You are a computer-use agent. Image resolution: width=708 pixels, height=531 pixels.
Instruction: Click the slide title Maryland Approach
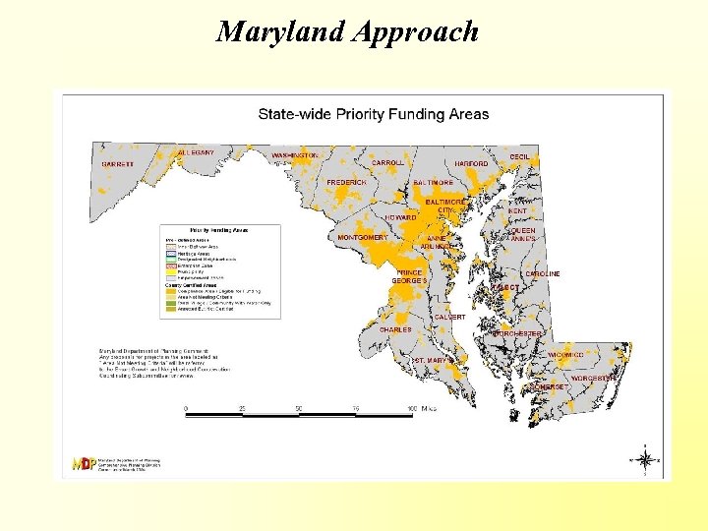(347, 31)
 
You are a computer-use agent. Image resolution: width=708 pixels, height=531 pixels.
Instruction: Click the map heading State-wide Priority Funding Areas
(373, 114)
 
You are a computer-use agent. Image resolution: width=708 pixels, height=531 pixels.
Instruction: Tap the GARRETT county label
(118, 163)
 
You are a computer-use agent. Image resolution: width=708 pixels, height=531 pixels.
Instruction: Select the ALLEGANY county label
(196, 152)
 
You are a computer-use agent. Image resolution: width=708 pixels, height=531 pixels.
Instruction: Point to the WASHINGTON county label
(295, 155)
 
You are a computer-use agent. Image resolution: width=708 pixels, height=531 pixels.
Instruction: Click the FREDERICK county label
(346, 182)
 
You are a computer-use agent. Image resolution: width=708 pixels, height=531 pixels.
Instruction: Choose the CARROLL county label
(387, 162)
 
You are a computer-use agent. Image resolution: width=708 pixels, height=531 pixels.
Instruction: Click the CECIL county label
(520, 157)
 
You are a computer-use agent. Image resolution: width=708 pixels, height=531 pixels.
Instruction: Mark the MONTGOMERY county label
(363, 237)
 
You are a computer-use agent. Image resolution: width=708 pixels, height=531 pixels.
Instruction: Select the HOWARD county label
(400, 216)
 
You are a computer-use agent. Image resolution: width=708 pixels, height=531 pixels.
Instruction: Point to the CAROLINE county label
(542, 273)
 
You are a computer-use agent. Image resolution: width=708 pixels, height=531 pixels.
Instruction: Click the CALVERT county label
(449, 317)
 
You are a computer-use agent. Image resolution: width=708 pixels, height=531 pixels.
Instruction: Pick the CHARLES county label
(395, 329)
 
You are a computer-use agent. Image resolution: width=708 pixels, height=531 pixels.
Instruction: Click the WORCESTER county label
(594, 378)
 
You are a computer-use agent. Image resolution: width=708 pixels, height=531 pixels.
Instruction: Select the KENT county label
(517, 210)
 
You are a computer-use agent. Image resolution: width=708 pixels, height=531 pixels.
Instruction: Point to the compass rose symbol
(645, 459)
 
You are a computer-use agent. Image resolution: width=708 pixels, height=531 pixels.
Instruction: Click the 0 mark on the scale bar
(187, 408)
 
